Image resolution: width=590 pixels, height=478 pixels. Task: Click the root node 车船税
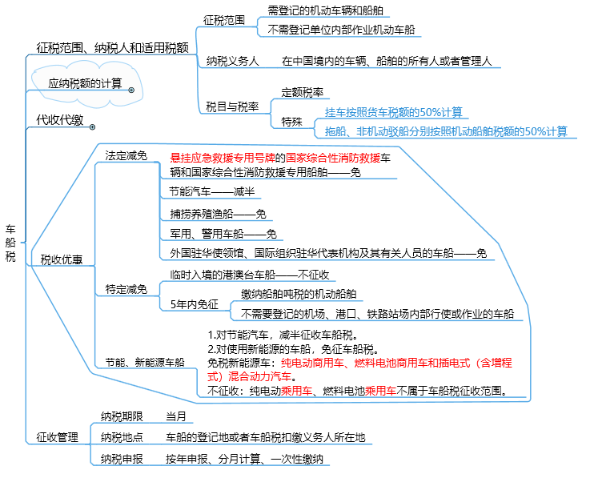(x=10, y=243)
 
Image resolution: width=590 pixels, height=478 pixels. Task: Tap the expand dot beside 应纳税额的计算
(x=131, y=90)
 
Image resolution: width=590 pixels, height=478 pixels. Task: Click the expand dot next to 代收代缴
(x=92, y=127)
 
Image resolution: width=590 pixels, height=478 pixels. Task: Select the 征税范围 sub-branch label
(x=224, y=20)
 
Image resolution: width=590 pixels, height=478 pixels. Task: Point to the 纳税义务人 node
(x=232, y=61)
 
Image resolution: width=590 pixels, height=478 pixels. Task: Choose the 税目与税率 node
(x=232, y=107)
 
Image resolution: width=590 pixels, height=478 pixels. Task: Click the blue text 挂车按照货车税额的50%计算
(x=394, y=112)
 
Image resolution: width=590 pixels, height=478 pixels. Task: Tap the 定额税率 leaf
(x=303, y=92)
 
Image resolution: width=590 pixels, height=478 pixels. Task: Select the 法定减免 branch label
(x=126, y=155)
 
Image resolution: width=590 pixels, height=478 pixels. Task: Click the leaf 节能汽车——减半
(x=212, y=191)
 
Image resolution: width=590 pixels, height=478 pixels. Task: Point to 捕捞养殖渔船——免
(x=219, y=214)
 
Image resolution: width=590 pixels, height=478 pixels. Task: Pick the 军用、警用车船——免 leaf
(x=223, y=234)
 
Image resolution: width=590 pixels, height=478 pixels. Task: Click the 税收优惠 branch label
(x=62, y=259)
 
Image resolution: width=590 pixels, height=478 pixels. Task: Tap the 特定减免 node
(x=126, y=289)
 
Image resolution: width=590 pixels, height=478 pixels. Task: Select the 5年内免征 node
(x=195, y=304)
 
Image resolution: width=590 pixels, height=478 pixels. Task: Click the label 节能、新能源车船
(x=145, y=362)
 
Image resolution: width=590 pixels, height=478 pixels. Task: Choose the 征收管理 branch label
(x=57, y=437)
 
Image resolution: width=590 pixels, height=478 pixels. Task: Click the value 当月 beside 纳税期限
(x=176, y=416)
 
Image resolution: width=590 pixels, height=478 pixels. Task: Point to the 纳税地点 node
(x=122, y=437)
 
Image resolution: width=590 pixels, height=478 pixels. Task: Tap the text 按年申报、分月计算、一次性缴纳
(x=244, y=459)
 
